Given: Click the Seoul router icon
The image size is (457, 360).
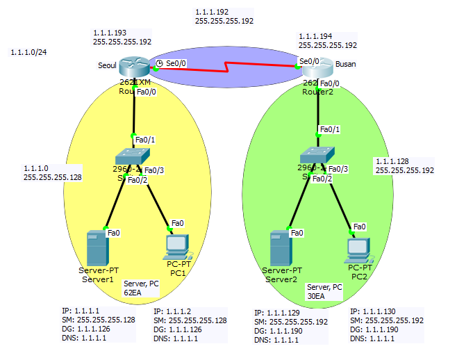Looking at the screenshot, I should [134, 67].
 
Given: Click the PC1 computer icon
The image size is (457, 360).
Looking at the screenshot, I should [176, 245].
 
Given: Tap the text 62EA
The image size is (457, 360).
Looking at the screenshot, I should [133, 293].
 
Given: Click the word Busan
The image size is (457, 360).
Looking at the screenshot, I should [345, 64].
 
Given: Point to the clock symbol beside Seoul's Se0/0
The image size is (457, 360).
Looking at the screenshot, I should [159, 63].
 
